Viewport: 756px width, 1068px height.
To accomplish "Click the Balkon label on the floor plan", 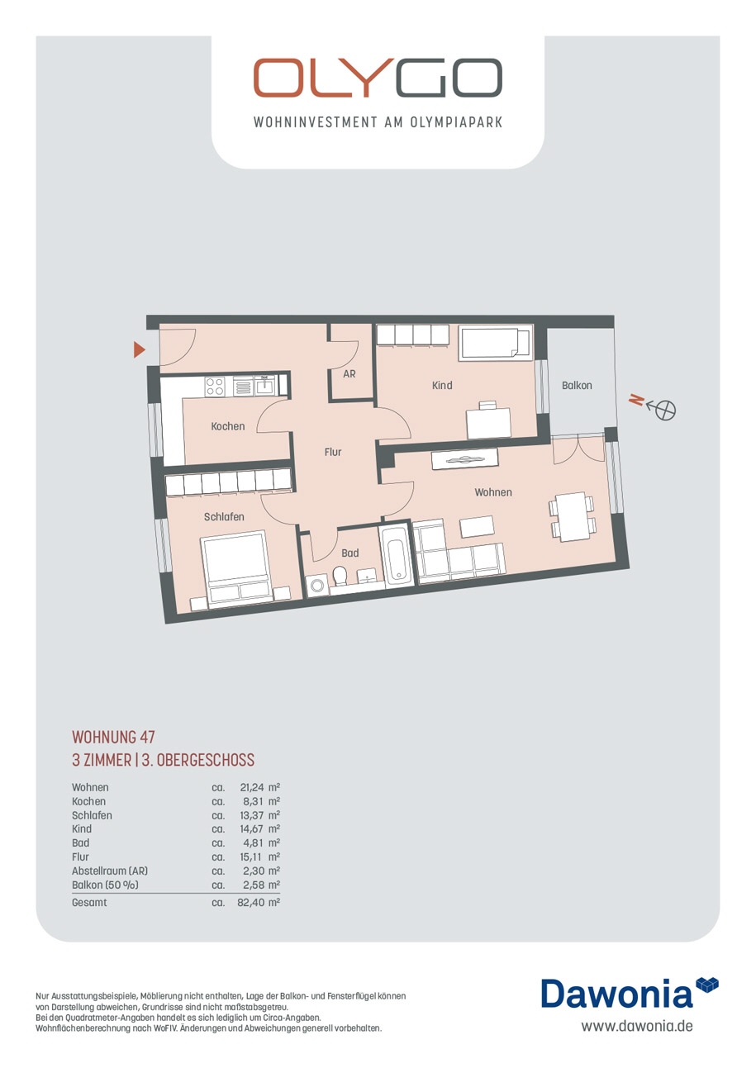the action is pos(577,385).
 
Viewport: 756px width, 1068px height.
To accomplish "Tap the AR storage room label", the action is pos(349,374).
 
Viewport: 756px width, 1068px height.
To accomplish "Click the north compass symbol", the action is pos(665,410).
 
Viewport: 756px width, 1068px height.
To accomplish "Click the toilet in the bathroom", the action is pos(340,575).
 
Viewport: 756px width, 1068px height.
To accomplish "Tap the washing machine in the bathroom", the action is pos(316,585).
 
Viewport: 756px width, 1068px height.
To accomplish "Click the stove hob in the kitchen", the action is pos(215,386).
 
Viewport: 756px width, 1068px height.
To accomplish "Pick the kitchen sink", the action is pos(264,385).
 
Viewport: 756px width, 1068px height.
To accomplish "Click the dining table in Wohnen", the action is pos(572,517).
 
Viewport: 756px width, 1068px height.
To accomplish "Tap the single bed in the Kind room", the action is pos(495,342).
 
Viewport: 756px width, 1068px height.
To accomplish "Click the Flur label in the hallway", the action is pos(333,452).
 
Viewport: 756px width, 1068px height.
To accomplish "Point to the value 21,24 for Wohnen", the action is pos(252,788).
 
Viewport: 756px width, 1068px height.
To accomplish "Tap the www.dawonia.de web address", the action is pos(637,1025).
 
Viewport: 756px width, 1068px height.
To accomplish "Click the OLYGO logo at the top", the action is pos(378,78).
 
